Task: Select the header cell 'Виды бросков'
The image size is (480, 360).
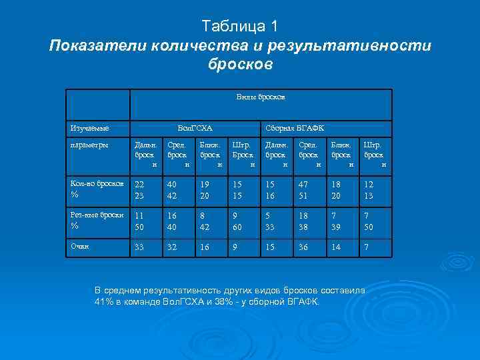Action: [261, 97]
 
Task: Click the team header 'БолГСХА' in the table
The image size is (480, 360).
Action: [195, 127]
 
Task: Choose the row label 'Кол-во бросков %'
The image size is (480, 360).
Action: [97, 188]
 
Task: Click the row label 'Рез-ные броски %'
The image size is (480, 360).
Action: [97, 221]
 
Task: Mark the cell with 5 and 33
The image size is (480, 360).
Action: [271, 221]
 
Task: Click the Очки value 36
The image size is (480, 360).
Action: [304, 247]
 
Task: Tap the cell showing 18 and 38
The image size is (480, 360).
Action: [304, 221]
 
